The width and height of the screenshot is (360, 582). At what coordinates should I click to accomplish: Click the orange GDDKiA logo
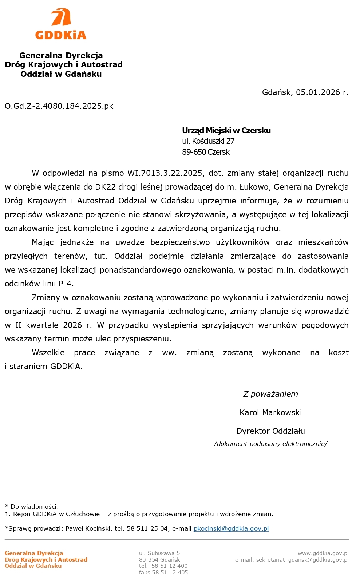(61, 24)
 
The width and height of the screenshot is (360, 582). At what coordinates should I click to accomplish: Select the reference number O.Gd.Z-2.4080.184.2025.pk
(59, 106)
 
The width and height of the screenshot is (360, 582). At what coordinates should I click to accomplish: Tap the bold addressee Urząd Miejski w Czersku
(226, 130)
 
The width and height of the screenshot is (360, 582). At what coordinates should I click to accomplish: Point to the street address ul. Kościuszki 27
(208, 141)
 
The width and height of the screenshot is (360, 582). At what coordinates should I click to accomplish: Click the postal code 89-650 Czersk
(206, 152)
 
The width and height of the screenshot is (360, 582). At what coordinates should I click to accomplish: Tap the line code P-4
(66, 284)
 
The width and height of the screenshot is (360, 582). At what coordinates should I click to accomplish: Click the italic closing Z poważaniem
(270, 394)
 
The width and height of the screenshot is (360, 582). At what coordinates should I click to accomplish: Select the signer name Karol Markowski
(270, 412)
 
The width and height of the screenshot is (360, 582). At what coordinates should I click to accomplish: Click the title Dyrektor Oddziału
(270, 431)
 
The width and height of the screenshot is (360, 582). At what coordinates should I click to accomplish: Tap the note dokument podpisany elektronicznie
(270, 444)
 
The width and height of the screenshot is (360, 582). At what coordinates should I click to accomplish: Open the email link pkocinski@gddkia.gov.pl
(231, 528)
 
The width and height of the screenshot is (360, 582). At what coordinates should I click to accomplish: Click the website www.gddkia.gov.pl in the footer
(323, 553)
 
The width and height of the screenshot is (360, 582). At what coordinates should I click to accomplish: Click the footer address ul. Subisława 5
(159, 553)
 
